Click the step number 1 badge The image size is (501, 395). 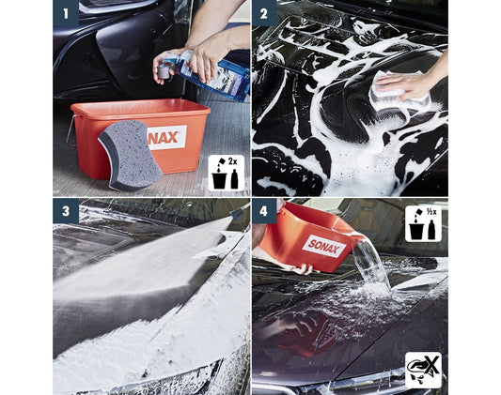pos(66,13)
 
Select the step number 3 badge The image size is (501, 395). pos(66,211)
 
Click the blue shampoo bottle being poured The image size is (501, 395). pos(216,75)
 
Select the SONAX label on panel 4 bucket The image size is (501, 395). pos(324,246)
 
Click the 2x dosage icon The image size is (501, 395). pos(227,174)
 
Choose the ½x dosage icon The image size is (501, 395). pos(423,223)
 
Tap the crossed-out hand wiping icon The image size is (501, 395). pos(423,370)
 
